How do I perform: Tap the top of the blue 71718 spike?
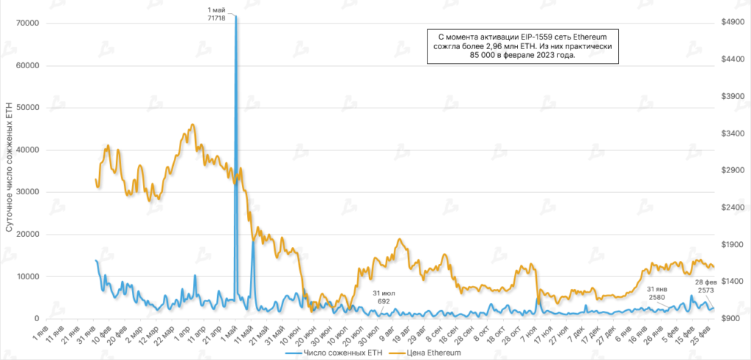point(235,15)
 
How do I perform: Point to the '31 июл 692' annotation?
point(384,297)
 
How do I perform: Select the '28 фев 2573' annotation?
point(706,287)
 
